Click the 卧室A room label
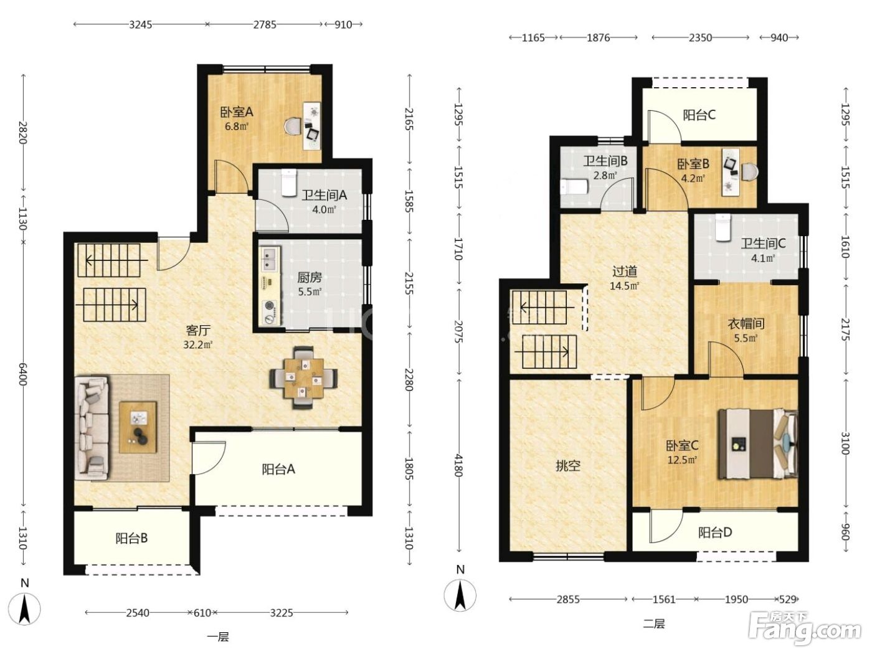[236, 112]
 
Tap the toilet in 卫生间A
[289, 182]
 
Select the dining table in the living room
[304, 377]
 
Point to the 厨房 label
[310, 277]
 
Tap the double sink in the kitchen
[270, 258]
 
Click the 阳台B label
[131, 538]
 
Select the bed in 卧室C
[757, 444]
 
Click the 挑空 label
[567, 466]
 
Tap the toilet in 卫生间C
[723, 227]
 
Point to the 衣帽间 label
[746, 324]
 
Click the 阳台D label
[715, 532]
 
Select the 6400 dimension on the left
[22, 374]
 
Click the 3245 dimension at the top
[141, 25]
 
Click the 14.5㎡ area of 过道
[625, 286]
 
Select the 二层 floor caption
[653, 624]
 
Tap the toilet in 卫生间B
[574, 186]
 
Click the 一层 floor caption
[218, 637]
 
